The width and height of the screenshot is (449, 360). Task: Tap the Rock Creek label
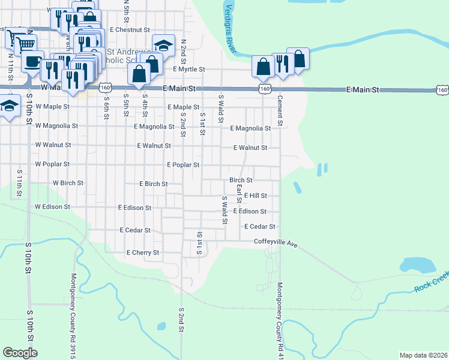tap(431, 282)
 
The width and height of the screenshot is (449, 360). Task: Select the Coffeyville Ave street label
tap(276, 243)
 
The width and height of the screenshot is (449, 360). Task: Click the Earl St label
tap(239, 193)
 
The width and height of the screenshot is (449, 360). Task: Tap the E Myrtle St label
tap(189, 69)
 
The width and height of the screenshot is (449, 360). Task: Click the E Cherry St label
tap(142, 253)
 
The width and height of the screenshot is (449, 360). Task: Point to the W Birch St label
tap(67, 183)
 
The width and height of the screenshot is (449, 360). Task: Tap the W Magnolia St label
tap(56, 126)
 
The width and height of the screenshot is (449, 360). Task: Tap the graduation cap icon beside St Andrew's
tap(163, 45)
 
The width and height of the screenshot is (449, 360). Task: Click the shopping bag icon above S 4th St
tap(139, 74)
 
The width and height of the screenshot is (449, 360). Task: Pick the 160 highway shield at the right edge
tap(442, 90)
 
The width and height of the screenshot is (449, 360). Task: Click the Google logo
tap(20, 353)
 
